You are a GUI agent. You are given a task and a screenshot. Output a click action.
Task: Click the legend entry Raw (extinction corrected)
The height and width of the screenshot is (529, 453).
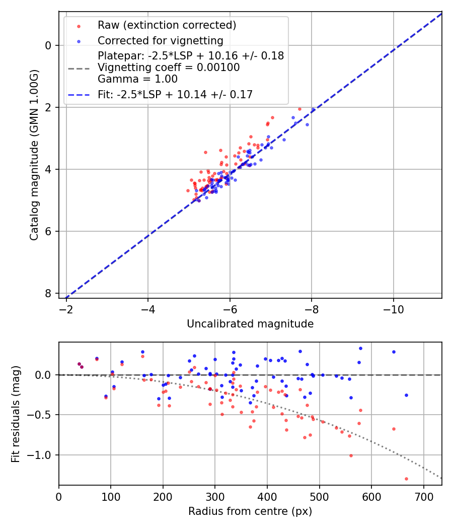(167, 25)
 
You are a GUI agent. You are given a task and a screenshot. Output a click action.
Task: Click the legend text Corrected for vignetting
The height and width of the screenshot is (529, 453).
(160, 40)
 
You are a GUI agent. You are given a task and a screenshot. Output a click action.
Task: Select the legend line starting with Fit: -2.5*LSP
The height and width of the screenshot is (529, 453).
(175, 94)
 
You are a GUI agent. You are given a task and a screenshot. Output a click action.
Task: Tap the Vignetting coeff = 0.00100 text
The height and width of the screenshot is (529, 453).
(169, 67)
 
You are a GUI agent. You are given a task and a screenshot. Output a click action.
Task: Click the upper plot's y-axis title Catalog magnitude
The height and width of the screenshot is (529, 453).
(34, 154)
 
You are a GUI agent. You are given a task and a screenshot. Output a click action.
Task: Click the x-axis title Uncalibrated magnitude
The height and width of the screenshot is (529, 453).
(250, 324)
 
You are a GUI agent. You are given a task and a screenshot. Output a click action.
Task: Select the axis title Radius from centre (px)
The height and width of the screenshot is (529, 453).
(250, 511)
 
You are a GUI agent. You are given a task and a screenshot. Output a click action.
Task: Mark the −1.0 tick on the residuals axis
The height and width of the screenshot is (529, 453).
(41, 455)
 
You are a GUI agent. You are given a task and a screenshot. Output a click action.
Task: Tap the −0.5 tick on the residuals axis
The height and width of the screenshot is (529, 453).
(41, 415)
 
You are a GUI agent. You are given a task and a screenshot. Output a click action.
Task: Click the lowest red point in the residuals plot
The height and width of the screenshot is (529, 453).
(406, 479)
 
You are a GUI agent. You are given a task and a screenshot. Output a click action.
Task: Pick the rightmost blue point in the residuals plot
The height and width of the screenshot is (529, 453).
(406, 395)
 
